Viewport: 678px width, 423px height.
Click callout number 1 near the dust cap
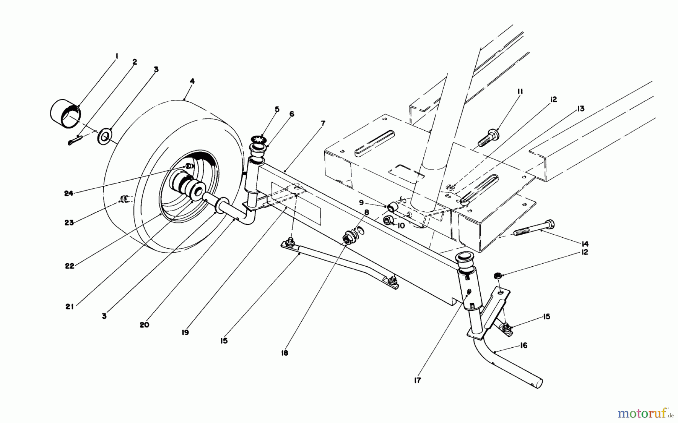(117, 56)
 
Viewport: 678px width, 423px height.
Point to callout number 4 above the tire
(192, 81)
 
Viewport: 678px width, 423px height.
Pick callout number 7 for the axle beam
(323, 124)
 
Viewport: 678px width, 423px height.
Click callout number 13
(580, 108)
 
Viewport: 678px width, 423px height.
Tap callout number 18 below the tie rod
(284, 353)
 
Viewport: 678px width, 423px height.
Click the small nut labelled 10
(388, 220)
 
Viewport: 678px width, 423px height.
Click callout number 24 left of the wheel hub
(68, 193)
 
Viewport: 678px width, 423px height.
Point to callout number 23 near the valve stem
(69, 222)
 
